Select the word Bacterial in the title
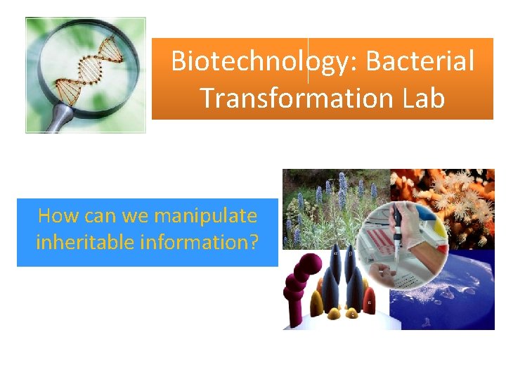click(420, 62)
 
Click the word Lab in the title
click(424, 98)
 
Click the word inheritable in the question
click(84, 242)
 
